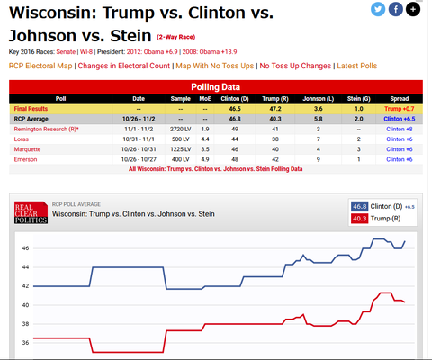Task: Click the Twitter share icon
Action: tap(378, 9)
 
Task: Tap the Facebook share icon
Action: tap(395, 9)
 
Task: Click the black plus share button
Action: tap(412, 9)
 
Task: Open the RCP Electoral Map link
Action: tap(40, 66)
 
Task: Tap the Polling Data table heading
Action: tap(216, 85)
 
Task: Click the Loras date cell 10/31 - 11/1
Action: tap(139, 138)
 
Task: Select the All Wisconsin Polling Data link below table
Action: tap(215, 168)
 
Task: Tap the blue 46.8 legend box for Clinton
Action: tap(360, 206)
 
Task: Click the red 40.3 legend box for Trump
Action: tap(360, 219)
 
